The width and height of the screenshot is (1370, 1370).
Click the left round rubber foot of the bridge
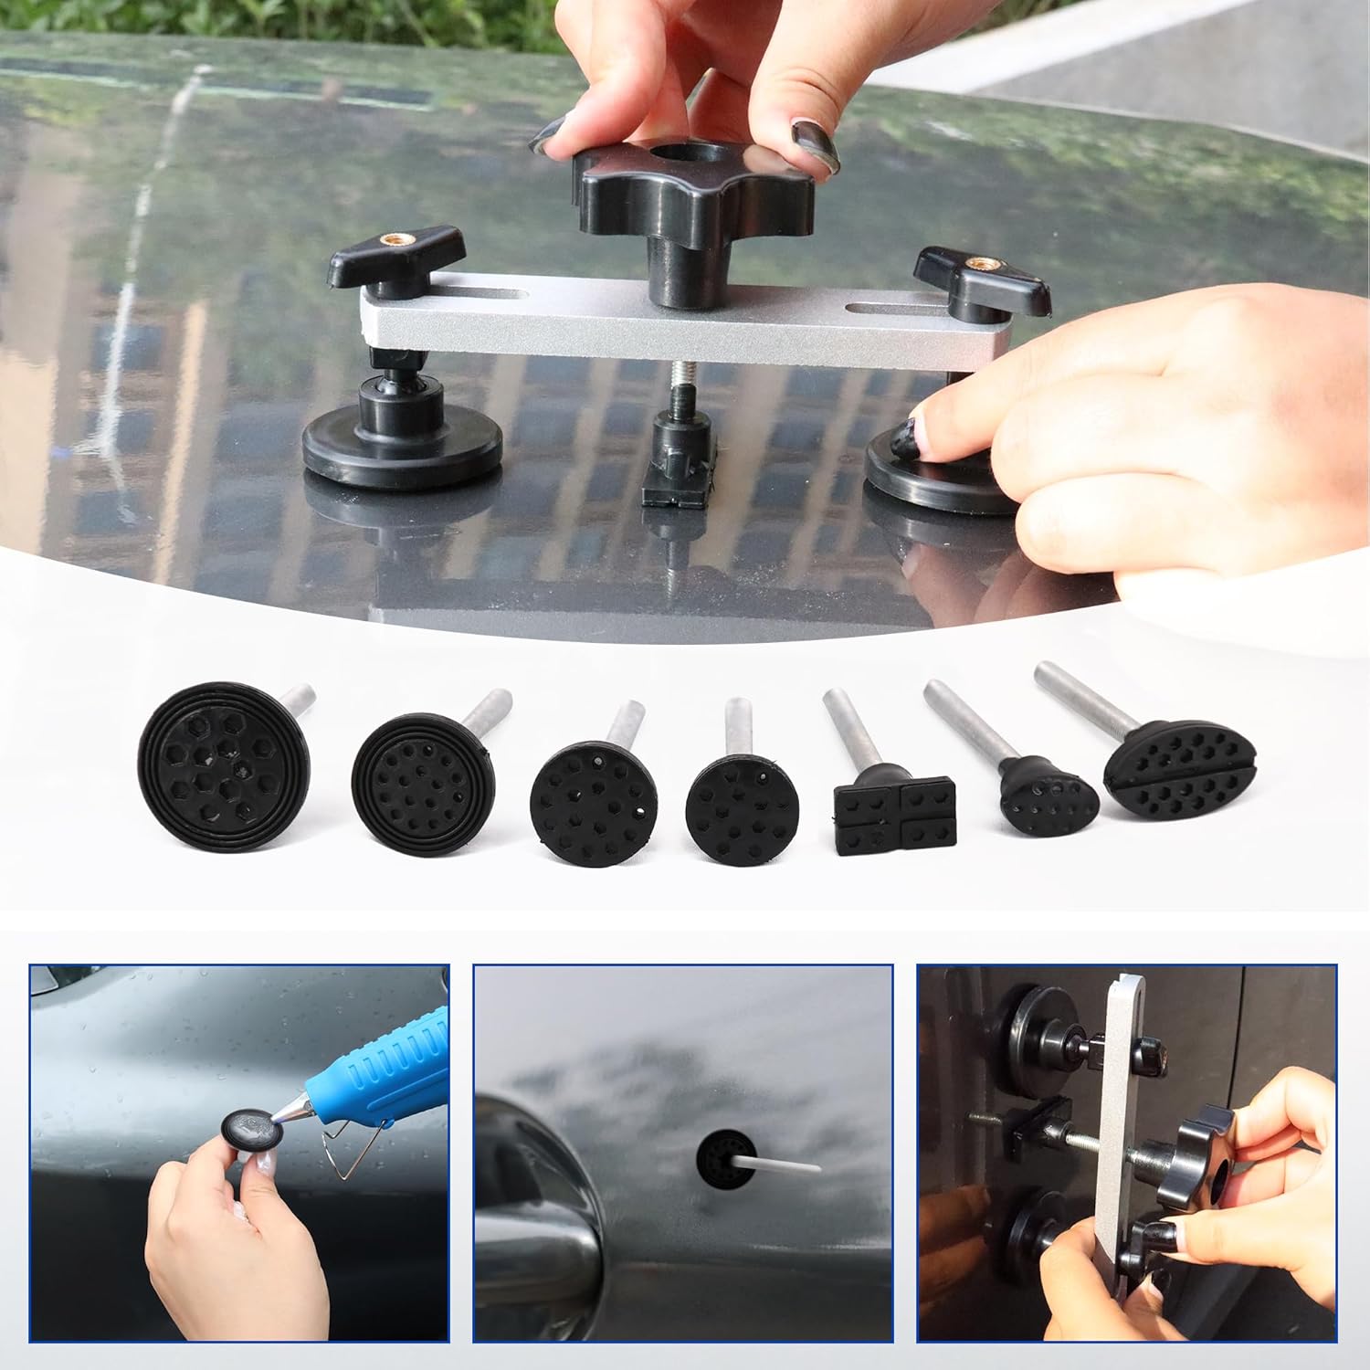click(x=402, y=449)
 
